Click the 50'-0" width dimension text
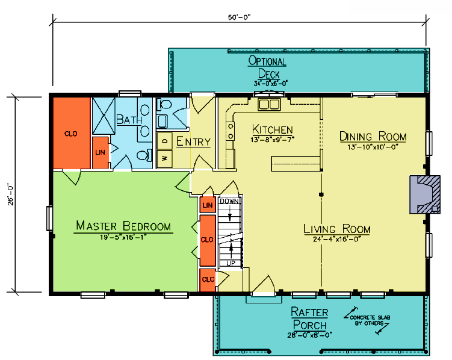240,17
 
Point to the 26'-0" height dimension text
11,194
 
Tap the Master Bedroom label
123,226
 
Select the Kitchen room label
273,129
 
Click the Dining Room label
373,137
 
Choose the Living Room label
337,229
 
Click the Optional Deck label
267,67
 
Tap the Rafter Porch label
309,318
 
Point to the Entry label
193,141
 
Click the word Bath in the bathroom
129,119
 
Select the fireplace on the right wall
425,194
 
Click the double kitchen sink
269,104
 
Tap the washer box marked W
164,158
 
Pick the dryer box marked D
164,141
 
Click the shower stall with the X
104,116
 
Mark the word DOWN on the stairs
229,201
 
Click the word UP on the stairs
231,263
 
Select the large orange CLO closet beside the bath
72,133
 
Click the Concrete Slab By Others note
370,320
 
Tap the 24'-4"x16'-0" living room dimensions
337,239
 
